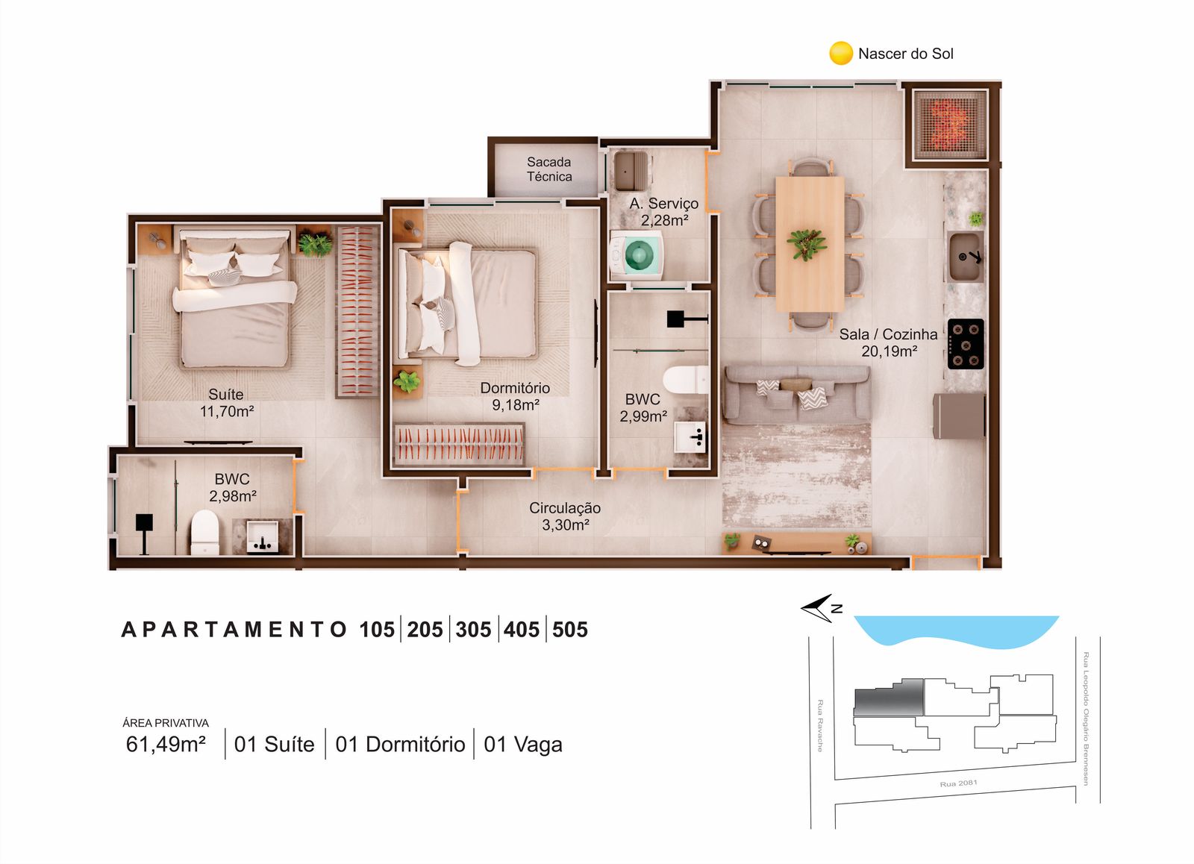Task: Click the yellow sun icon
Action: pos(841,53)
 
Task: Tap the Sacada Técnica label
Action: pos(549,169)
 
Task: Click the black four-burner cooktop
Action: pos(966,344)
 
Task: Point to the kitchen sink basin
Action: pos(966,257)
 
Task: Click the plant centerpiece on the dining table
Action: pos(807,244)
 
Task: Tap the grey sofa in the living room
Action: pos(796,395)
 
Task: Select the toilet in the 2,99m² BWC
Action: pos(686,380)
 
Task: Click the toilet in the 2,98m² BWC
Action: pos(205,533)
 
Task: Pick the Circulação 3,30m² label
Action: pos(565,516)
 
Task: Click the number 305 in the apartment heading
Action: pos(473,630)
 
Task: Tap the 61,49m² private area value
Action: pos(166,744)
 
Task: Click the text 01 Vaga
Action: pos(523,745)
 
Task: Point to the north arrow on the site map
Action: pos(817,608)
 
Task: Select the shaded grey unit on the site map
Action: pos(889,698)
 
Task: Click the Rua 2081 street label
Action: pos(958,783)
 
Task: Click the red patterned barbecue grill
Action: pos(950,125)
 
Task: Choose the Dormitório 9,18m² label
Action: pos(515,396)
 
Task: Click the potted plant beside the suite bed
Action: pos(314,244)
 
